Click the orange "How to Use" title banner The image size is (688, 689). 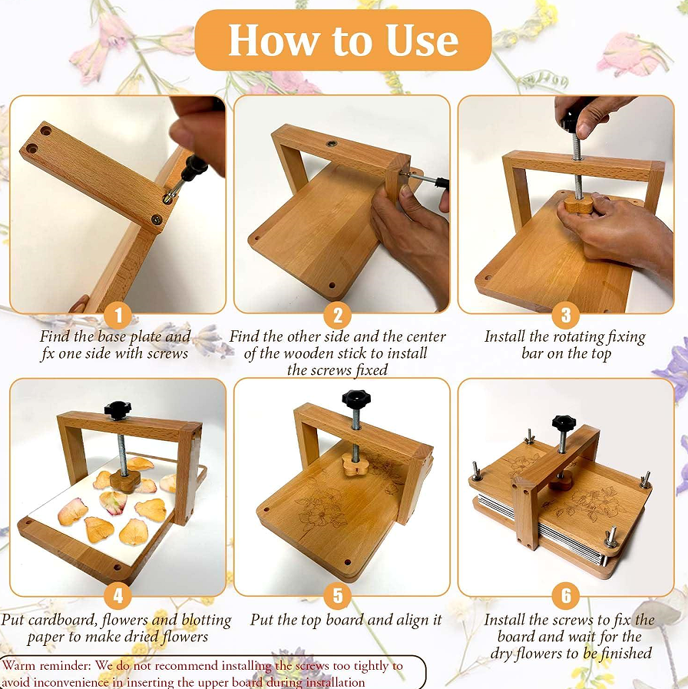point(342,40)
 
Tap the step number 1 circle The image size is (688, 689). point(118,315)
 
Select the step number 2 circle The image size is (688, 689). point(337,315)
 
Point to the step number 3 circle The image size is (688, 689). point(566,315)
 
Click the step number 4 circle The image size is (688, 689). point(118,596)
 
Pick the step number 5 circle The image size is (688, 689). point(337,596)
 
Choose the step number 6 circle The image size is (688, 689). point(566,596)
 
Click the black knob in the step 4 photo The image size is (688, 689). point(117,409)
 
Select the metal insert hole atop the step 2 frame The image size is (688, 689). point(332,143)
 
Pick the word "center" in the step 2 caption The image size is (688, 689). point(425,337)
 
